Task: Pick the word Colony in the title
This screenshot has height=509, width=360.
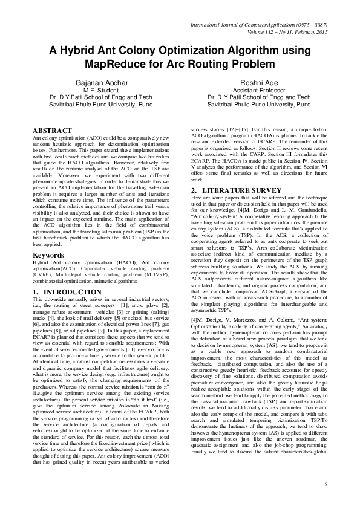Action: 145,50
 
